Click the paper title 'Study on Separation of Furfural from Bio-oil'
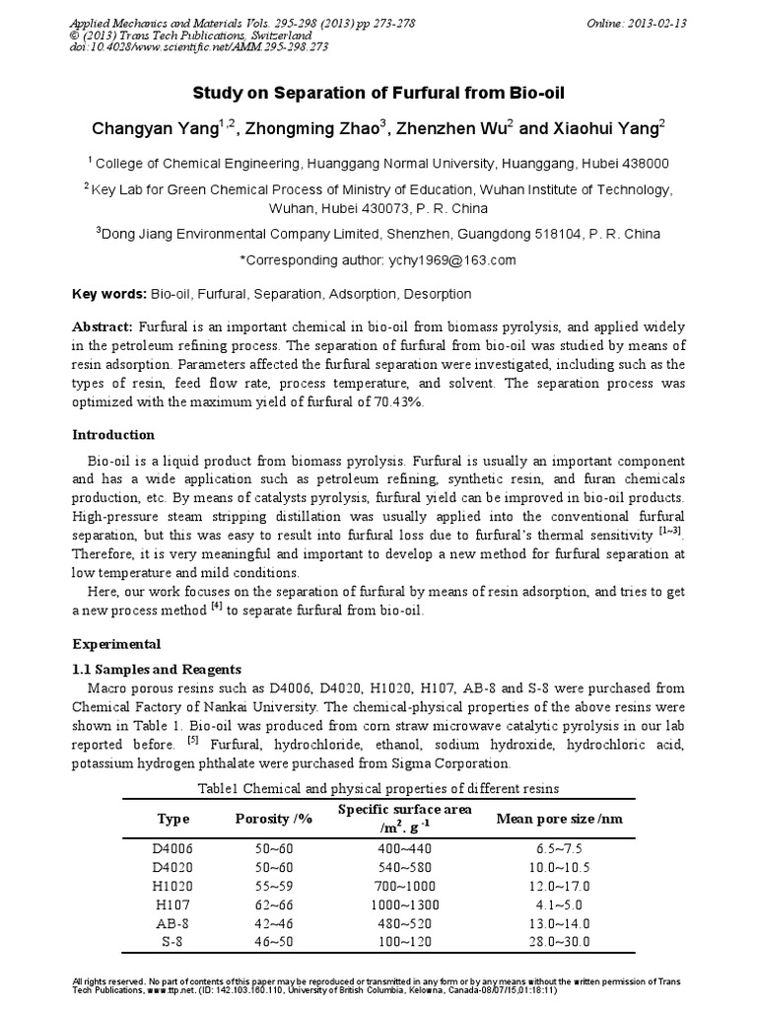[378, 95]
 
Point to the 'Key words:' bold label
[109, 294]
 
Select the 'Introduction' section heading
[114, 435]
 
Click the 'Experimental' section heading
[116, 644]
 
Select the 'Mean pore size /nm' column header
[558, 819]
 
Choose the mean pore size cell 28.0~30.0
[558, 943]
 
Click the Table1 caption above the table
[378, 788]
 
